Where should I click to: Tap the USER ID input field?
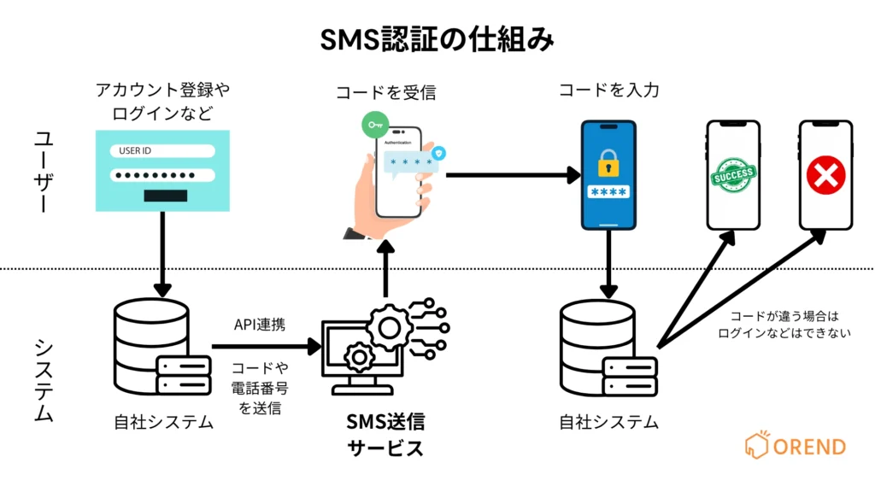tap(162, 151)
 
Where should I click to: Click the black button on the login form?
tap(165, 196)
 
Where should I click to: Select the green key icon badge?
tap(373, 126)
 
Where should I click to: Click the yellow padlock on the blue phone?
tap(608, 162)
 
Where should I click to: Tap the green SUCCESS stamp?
tap(732, 175)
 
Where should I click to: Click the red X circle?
tap(825, 177)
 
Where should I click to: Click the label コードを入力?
tap(608, 90)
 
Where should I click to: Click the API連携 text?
tap(260, 325)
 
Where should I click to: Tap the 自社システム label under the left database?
tap(163, 421)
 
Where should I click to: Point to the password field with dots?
tap(162, 175)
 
